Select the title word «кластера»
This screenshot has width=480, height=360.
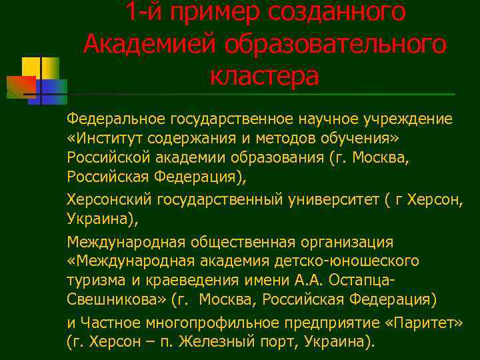coord(265,75)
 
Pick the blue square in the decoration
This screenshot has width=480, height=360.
coord(53,89)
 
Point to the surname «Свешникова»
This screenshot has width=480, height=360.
coord(113,299)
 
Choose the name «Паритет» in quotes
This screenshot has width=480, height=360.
coord(425,323)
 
